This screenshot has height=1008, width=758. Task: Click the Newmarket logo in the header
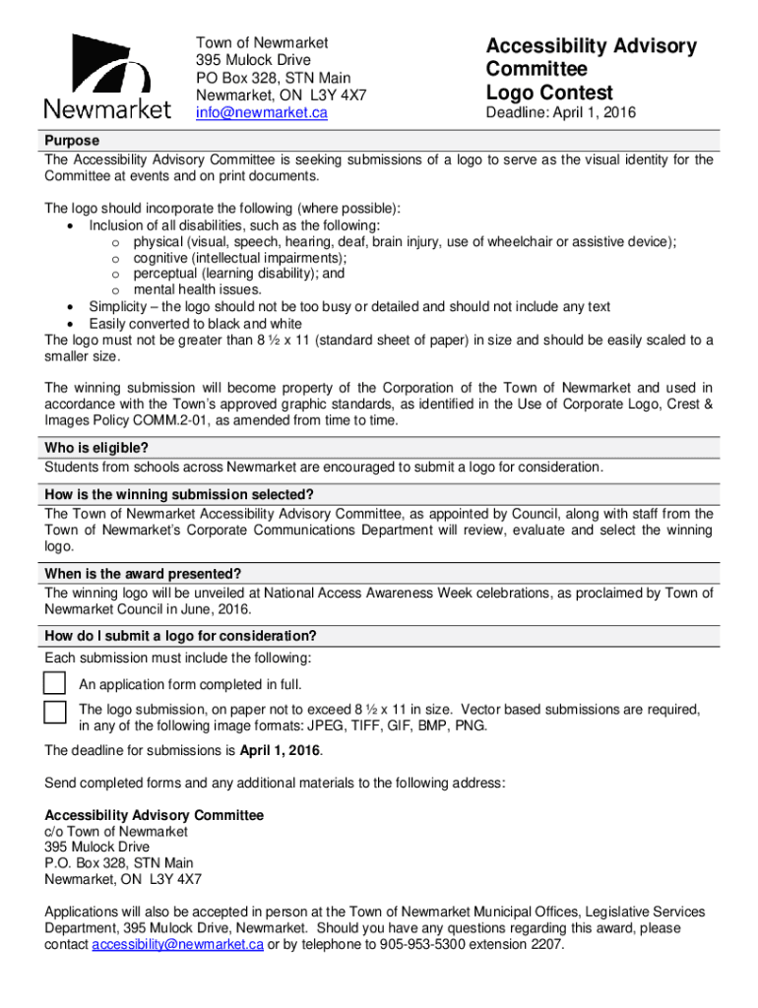point(106,77)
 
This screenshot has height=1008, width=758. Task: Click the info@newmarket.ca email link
point(261,113)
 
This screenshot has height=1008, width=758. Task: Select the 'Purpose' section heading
point(72,141)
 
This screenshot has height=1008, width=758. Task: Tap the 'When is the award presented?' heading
point(143,574)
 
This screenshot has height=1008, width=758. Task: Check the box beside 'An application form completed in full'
point(55,683)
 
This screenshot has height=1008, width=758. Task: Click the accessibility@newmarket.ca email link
point(177,945)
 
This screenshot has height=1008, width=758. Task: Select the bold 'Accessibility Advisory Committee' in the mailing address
point(155,815)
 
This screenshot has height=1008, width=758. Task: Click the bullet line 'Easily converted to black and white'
point(195,323)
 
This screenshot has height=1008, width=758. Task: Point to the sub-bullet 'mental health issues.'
point(198,289)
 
